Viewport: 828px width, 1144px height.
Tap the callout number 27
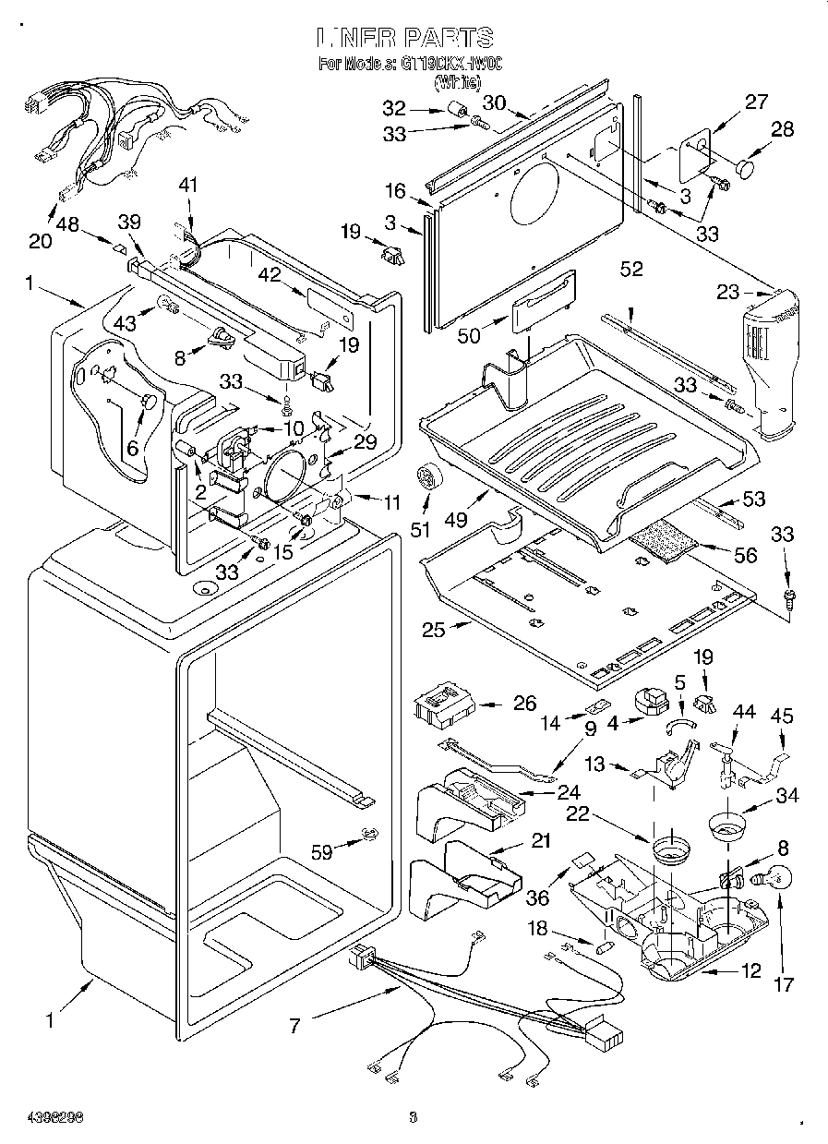click(756, 102)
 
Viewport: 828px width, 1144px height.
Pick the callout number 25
click(434, 631)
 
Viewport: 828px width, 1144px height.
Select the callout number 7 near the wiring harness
click(295, 1024)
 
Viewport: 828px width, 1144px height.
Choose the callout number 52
click(631, 270)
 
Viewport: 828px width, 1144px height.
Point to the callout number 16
click(395, 191)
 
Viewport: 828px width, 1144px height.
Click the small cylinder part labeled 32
click(455, 111)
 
